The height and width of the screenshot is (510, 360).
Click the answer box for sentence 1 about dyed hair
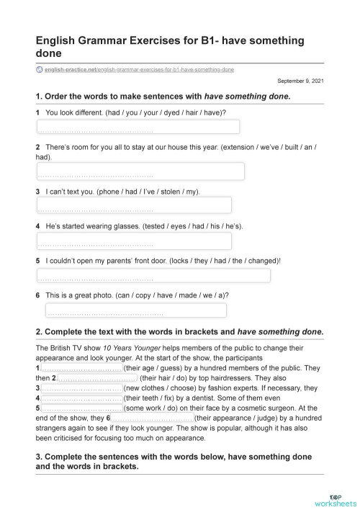click(x=138, y=127)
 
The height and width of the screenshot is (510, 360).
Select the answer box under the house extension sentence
click(x=140, y=171)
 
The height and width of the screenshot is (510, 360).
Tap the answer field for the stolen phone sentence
click(x=134, y=205)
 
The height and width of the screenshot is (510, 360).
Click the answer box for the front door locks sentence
click(x=153, y=275)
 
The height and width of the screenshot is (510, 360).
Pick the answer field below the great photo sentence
click(x=135, y=310)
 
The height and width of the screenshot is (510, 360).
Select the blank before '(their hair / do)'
click(x=97, y=377)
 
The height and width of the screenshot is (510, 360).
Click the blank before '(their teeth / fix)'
click(x=81, y=398)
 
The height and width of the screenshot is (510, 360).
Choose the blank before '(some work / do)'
click(x=81, y=408)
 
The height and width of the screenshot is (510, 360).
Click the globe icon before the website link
click(x=39, y=69)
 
